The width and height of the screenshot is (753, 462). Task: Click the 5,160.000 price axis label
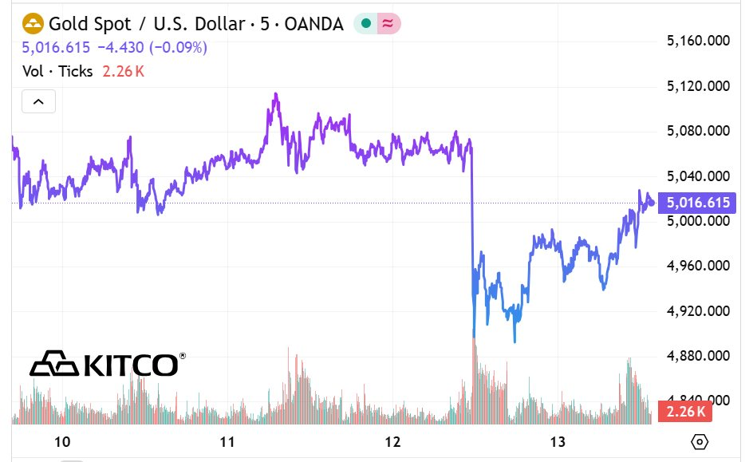pyautogui.click(x=699, y=41)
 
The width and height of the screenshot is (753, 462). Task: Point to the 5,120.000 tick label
pyautogui.click(x=699, y=86)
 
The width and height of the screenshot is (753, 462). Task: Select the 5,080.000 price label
pyautogui.click(x=699, y=131)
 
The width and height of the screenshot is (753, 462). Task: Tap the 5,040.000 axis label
pyautogui.click(x=699, y=176)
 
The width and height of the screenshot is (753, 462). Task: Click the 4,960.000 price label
pyautogui.click(x=699, y=266)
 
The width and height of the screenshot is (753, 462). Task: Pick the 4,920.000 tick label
pyautogui.click(x=699, y=311)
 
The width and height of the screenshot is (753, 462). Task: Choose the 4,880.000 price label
pyautogui.click(x=699, y=356)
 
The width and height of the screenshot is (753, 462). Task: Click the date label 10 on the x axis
pyautogui.click(x=62, y=442)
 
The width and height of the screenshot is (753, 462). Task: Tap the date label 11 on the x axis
pyautogui.click(x=227, y=442)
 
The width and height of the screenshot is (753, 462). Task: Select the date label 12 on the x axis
pyautogui.click(x=392, y=442)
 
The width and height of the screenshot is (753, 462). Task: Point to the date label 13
pyautogui.click(x=558, y=442)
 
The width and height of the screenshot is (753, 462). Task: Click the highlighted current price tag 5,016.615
pyautogui.click(x=698, y=203)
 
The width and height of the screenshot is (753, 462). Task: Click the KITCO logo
pyautogui.click(x=108, y=365)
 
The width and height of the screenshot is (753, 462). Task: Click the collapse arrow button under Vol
pyautogui.click(x=38, y=101)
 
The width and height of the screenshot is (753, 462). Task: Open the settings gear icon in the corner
pyautogui.click(x=700, y=442)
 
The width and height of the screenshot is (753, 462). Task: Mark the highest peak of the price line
pyautogui.click(x=275, y=94)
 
